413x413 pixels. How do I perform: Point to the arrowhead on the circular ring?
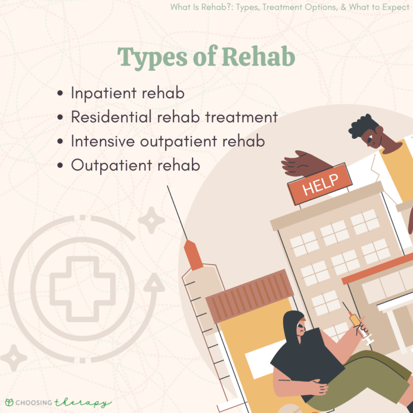click(153, 283)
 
